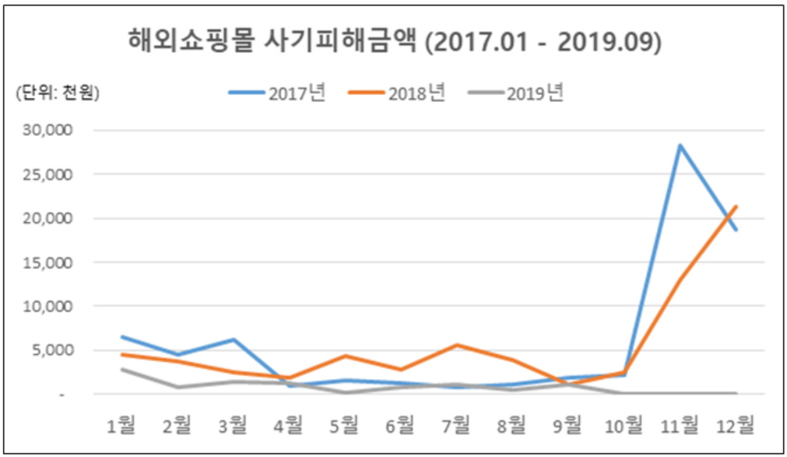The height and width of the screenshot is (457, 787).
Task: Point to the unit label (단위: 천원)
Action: pos(57,93)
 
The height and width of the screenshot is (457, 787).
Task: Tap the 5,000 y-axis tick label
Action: pos(54,350)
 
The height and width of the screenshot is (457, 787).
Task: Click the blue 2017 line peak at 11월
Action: pos(680,145)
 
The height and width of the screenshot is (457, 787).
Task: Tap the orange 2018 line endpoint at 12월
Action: pos(736,206)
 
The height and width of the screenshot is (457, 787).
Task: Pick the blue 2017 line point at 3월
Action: pos(233,339)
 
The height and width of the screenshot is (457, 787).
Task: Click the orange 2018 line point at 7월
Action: pos(457,345)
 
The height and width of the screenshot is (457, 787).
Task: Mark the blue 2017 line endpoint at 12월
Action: pos(736,230)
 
